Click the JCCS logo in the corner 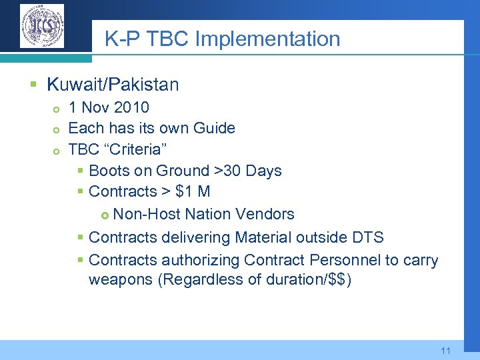[42, 26]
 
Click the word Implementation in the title [267, 39]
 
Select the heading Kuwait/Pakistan [113, 85]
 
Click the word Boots [109, 171]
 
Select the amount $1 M [193, 191]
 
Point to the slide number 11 [446, 351]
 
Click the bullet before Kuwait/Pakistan [33, 85]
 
